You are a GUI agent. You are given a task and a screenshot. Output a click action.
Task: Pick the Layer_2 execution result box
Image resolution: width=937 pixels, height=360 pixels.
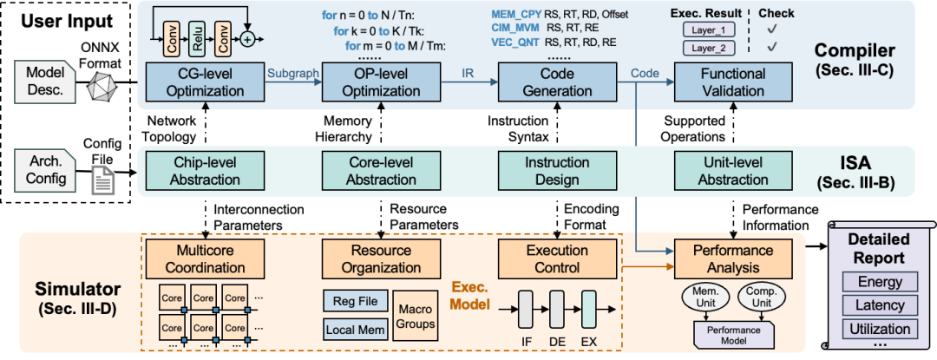click(x=709, y=48)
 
